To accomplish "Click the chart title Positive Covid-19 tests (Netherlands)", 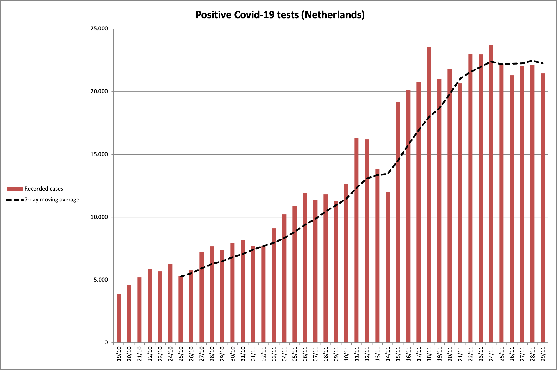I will [x=280, y=15].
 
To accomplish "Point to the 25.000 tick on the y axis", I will [x=99, y=29].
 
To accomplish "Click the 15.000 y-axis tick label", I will [x=99, y=154].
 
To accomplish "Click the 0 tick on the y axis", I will [x=106, y=343].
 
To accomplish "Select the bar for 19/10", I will [x=119, y=318].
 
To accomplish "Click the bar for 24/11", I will [x=491, y=194].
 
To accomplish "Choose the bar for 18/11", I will [x=429, y=194].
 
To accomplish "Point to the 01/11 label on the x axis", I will [x=253, y=354].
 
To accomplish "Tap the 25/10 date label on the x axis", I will [x=181, y=354].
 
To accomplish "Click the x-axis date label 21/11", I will [x=460, y=354].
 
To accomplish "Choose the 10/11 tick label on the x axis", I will [x=346, y=354].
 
